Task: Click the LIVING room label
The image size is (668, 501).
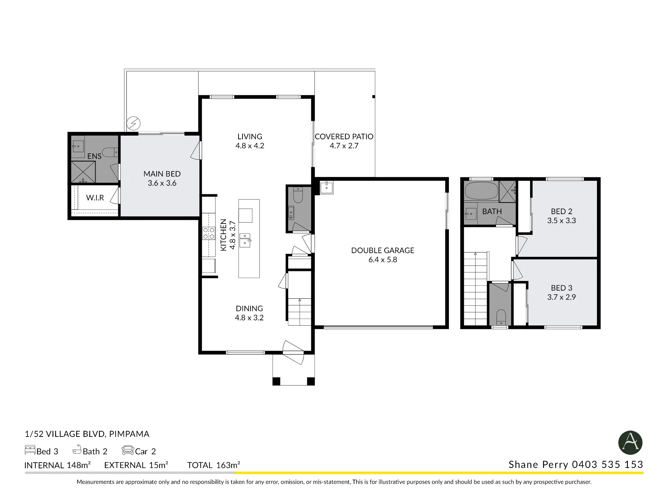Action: [x=250, y=137]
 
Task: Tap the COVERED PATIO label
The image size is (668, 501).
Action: [x=344, y=137]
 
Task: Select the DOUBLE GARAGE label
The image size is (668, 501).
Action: [x=383, y=251]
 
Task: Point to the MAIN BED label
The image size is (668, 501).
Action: [x=162, y=174]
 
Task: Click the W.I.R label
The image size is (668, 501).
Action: [x=95, y=198]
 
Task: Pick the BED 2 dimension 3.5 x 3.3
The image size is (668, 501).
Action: [x=561, y=220]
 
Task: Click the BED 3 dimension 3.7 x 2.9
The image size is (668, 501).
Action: [x=561, y=297]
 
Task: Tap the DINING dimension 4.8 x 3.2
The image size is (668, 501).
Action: [x=249, y=318]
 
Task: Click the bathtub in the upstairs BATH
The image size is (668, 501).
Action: [x=481, y=191]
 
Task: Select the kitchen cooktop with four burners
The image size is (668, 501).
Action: [x=209, y=233]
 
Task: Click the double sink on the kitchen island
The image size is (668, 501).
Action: [x=245, y=240]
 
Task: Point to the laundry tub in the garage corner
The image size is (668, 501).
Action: [x=326, y=187]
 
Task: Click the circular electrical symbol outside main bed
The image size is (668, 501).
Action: [x=134, y=123]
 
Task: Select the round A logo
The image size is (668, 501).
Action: [x=631, y=443]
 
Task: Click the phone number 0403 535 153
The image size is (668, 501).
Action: [x=608, y=465]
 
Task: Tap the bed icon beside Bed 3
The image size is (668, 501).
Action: [x=30, y=450]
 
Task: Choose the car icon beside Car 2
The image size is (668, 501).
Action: [x=128, y=450]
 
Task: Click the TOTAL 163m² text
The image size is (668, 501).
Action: [x=214, y=465]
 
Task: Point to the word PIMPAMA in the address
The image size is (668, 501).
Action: [x=129, y=434]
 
